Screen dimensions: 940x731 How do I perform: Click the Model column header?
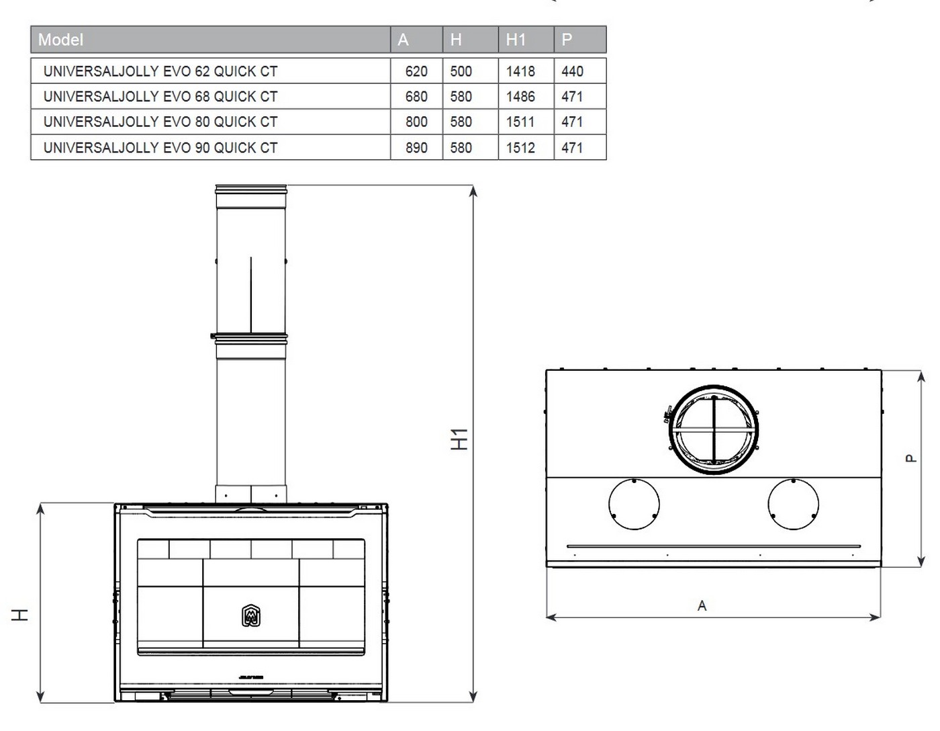pyautogui.click(x=60, y=40)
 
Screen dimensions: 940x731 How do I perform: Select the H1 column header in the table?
pyautogui.click(x=516, y=40)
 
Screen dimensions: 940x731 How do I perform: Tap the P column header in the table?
pyautogui.click(x=567, y=40)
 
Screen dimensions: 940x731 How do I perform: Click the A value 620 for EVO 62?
pyautogui.click(x=416, y=71)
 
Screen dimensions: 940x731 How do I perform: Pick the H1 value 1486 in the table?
pyautogui.click(x=520, y=97)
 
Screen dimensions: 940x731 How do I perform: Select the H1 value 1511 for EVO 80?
pyautogui.click(x=520, y=122)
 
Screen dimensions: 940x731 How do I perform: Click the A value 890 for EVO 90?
pyautogui.click(x=416, y=148)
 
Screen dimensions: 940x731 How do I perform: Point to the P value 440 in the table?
pyautogui.click(x=572, y=71)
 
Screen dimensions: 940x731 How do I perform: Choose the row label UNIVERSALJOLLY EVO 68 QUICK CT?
pyautogui.click(x=160, y=97)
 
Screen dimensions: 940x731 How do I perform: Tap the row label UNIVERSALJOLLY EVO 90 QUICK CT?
pyautogui.click(x=160, y=148)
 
